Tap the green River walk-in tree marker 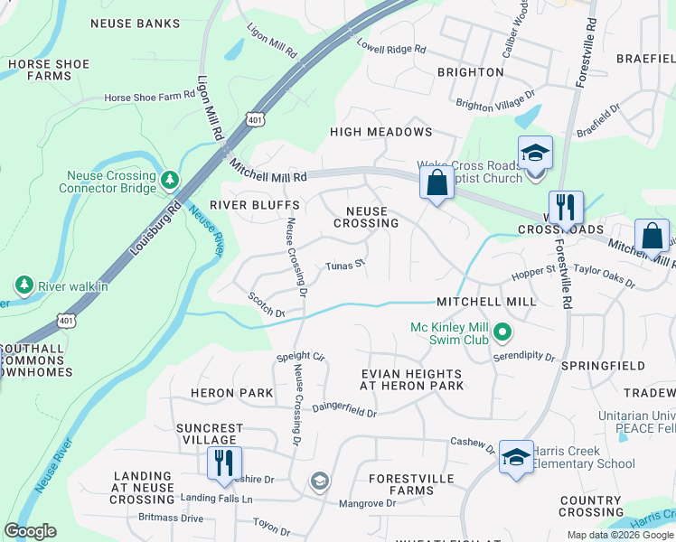(23, 286)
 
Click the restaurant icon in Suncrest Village (221, 463)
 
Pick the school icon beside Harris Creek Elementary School (516, 457)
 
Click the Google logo (30, 531)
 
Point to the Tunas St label (344, 265)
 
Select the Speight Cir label (300, 357)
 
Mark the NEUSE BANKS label (135, 23)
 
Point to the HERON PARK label (231, 393)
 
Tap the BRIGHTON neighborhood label (470, 71)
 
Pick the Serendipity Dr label (524, 357)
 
